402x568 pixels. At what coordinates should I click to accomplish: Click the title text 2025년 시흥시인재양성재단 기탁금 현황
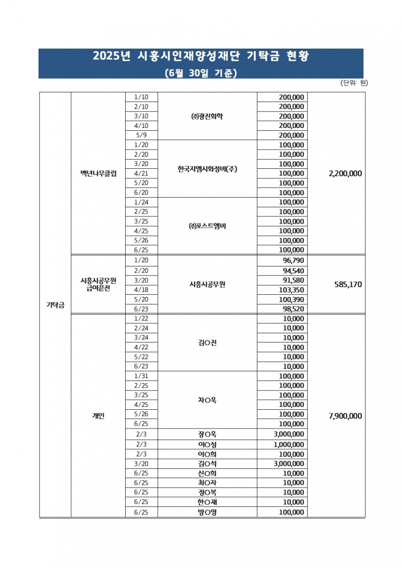pos(201,57)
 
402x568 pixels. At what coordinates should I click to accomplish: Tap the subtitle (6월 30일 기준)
pos(201,73)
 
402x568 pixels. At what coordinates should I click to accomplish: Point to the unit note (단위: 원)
pos(354,83)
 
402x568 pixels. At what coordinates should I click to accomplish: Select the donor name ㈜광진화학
pos(207,116)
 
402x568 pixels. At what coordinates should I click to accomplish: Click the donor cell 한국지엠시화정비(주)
pos(207,169)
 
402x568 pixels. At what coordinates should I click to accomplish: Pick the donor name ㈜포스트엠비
pos(207,226)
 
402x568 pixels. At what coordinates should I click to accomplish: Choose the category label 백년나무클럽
pos(99,173)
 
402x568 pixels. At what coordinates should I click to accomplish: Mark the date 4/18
pos(141,290)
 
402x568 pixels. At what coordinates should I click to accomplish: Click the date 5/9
pos(141,135)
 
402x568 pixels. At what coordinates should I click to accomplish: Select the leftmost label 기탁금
pos(55,305)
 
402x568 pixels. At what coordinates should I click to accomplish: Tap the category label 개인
pos(98,416)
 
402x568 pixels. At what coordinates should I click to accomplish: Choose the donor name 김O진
pos(207,342)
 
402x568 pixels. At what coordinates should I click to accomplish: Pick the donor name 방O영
pos(207,512)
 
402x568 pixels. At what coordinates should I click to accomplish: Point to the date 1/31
pos(141,376)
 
